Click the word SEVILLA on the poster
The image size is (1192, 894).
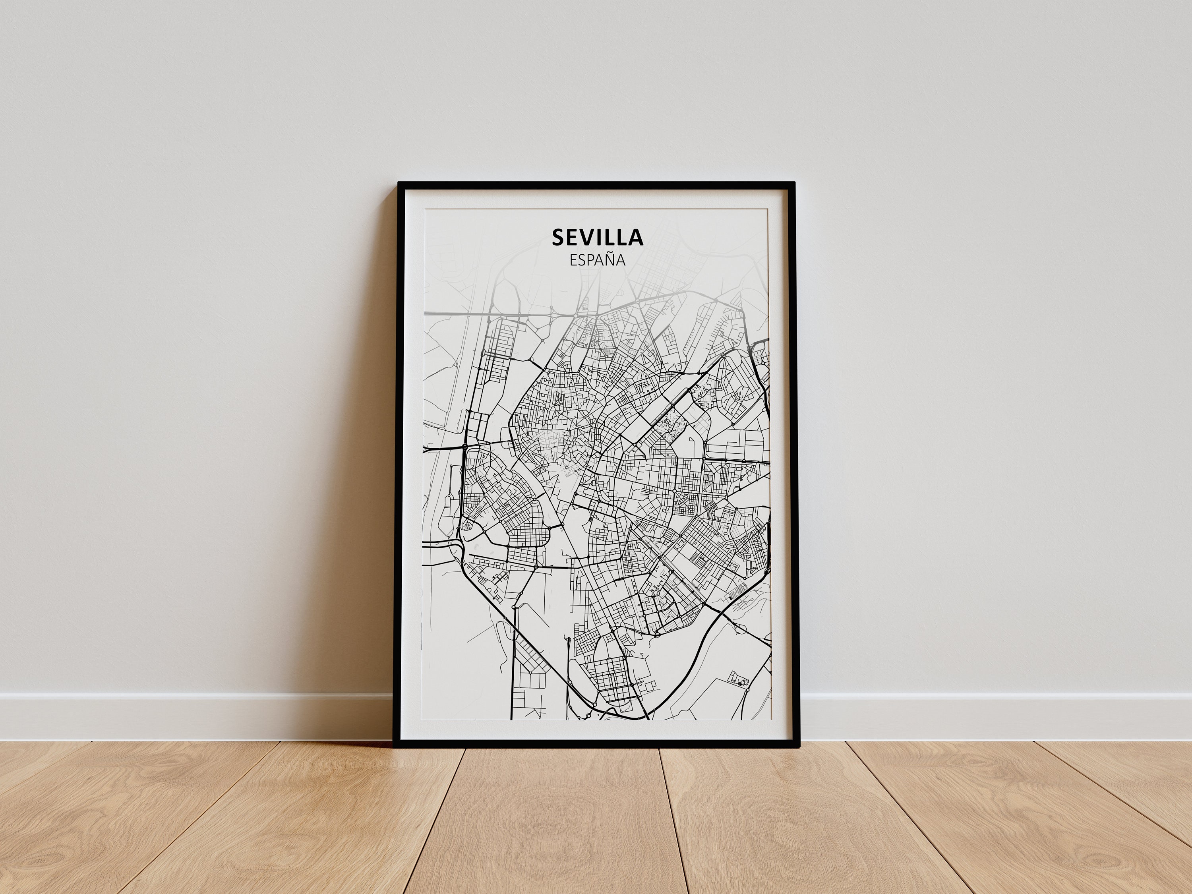pos(597,238)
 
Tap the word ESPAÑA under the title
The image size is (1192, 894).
pos(597,260)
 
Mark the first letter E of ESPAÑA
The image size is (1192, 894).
pos(574,260)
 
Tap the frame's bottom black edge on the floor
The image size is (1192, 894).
pos(597,744)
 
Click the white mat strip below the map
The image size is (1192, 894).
pos(597,731)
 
